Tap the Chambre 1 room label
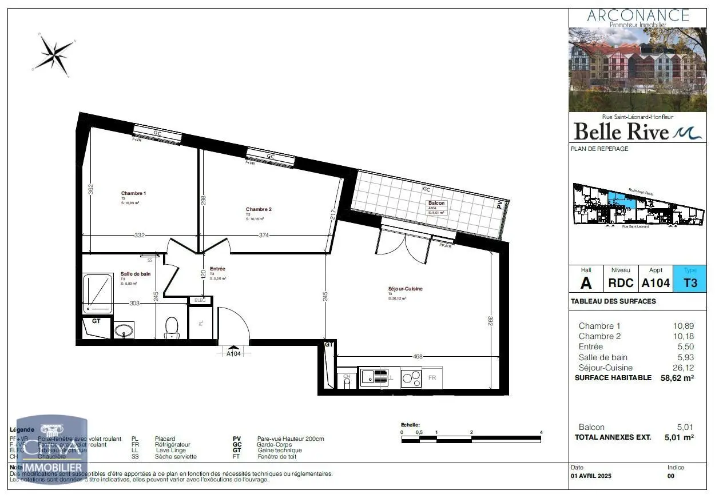[133, 193]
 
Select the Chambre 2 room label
[259, 209]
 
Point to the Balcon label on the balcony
[436, 203]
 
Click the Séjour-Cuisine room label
[405, 289]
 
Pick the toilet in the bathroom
[172, 328]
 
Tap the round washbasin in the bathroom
[124, 330]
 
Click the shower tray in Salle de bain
[98, 294]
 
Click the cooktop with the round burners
[411, 378]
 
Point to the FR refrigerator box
[432, 378]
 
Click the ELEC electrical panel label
[200, 300]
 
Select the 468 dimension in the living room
[418, 357]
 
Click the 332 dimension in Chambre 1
[140, 235]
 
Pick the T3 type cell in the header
[690, 282]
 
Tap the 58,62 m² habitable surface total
[677, 378]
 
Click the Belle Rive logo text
[621, 132]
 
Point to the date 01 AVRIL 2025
[590, 476]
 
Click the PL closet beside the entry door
[201, 324]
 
